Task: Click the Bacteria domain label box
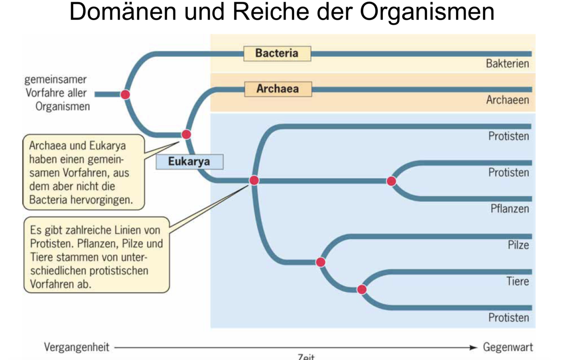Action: point(277,54)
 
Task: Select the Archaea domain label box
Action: point(278,89)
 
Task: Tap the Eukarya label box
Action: point(189,162)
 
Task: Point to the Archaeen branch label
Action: point(507,100)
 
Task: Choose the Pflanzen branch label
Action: point(509,209)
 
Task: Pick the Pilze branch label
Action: point(518,245)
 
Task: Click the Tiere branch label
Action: point(517,281)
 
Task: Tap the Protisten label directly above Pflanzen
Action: point(509,173)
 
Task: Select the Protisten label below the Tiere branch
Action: point(509,317)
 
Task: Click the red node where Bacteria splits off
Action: point(125,94)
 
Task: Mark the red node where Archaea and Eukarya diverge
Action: point(186,135)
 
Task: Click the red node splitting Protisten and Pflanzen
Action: point(391,181)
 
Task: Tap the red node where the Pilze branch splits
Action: point(321,263)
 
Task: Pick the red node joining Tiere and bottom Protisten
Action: point(362,290)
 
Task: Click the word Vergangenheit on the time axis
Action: point(76,347)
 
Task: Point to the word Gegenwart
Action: point(508,347)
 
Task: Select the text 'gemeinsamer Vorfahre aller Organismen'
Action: point(57,93)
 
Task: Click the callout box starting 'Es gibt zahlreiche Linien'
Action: point(96,255)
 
